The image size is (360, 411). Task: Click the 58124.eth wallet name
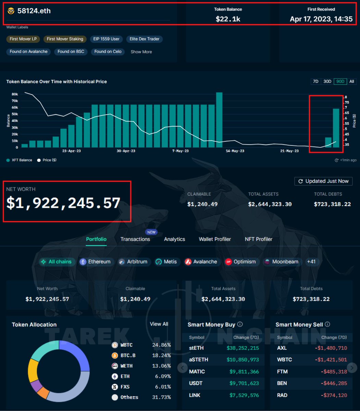point(34,11)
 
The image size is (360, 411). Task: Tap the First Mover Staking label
point(65,39)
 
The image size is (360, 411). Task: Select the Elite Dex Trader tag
point(144,39)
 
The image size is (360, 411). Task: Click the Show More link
point(141,52)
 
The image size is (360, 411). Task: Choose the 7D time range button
point(315,82)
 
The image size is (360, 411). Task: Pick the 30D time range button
point(327,82)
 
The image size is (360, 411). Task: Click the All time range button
point(351,82)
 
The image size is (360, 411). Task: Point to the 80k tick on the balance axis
point(15,94)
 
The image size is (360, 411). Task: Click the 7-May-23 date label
point(181,151)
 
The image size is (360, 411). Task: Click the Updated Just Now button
point(323,181)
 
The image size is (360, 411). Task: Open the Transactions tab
point(135,239)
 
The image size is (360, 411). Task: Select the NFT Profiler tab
point(259,239)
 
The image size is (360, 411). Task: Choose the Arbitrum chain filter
point(133,262)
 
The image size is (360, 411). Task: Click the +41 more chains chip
point(311,262)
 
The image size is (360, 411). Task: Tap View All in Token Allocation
point(159,324)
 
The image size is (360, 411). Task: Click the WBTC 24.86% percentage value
point(161,345)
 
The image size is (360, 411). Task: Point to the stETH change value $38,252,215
point(243,348)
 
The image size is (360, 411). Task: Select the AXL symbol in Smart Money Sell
point(282,348)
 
